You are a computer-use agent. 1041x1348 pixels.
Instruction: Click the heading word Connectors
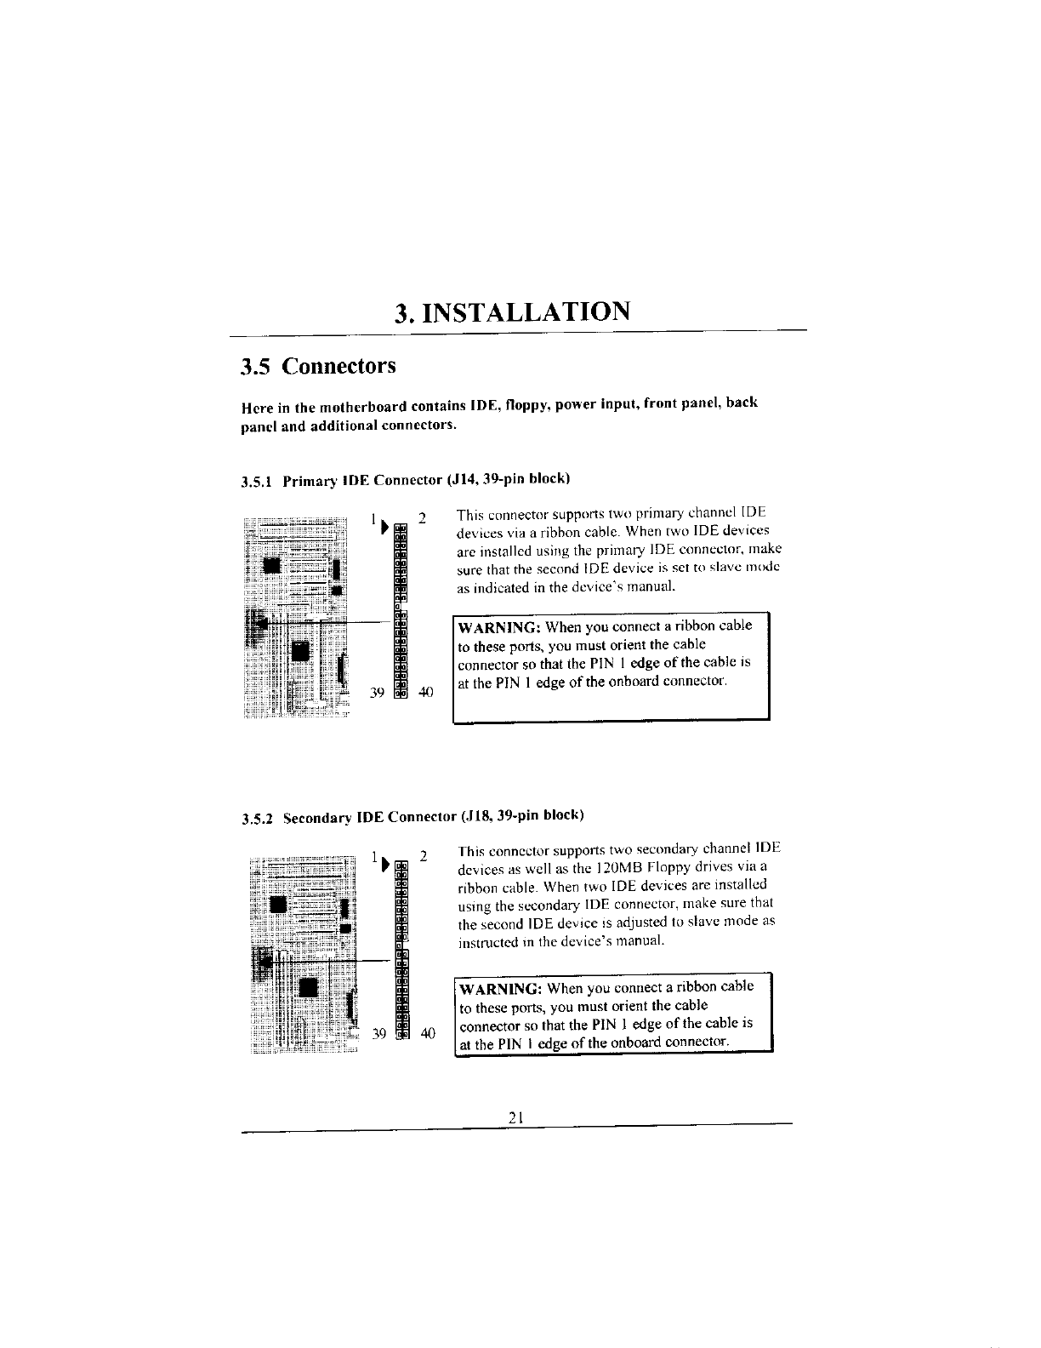point(339,367)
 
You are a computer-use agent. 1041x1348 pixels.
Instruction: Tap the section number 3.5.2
point(257,819)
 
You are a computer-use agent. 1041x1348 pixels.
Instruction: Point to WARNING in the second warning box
point(501,990)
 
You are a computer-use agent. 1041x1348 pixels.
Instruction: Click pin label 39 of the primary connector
point(379,692)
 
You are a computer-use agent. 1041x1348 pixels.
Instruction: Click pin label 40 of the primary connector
point(425,692)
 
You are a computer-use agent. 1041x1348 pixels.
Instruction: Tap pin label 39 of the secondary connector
point(380,1033)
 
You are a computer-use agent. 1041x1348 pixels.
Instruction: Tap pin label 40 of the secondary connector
point(427,1033)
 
